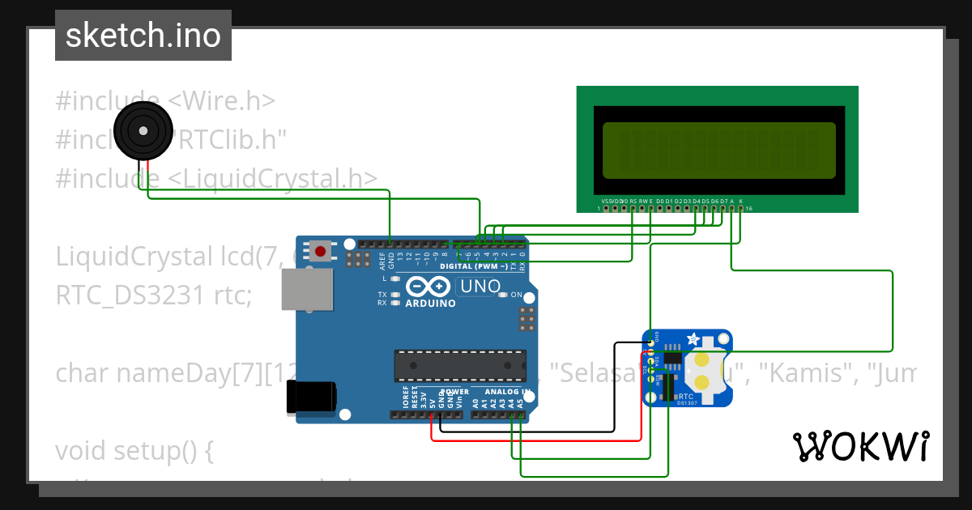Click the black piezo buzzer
tap(143, 131)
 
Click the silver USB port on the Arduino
tap(307, 289)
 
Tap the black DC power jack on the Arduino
tap(311, 397)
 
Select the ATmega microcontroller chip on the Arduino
tap(459, 365)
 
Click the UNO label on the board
tap(479, 287)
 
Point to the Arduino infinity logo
tap(429, 287)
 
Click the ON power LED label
tap(516, 295)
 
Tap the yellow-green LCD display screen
tap(718, 151)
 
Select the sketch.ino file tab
tap(143, 36)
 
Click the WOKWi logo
tap(860, 446)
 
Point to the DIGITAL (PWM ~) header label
tap(473, 266)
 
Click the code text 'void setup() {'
tap(134, 450)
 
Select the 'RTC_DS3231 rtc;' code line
tap(154, 295)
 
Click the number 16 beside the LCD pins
tap(749, 209)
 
